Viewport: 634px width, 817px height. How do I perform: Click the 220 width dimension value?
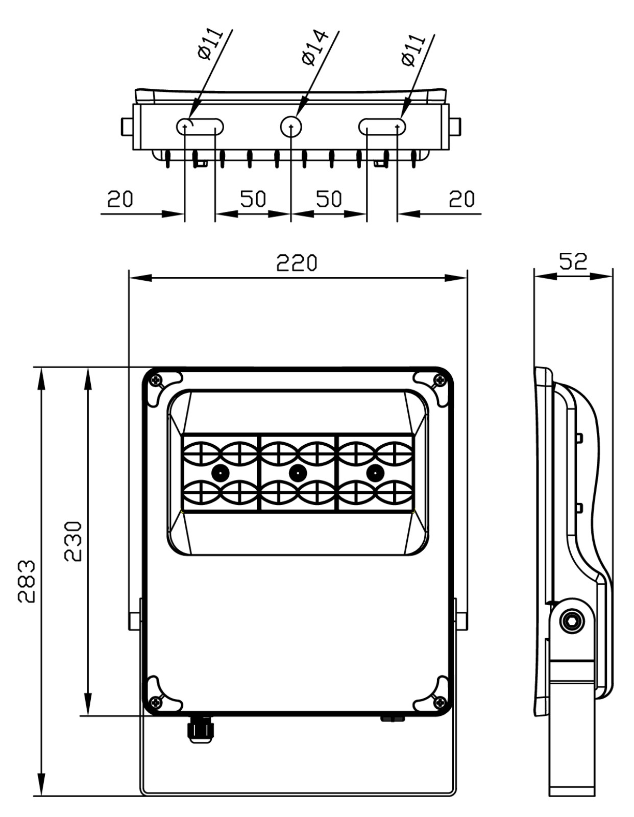coord(297,263)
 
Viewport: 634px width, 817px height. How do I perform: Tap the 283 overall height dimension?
coord(27,581)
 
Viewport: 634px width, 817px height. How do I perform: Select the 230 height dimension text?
coord(73,541)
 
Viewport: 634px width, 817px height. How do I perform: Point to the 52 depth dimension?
coord(573,262)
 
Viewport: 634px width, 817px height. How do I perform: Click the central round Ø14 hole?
coord(291,126)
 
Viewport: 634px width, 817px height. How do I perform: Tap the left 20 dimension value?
coord(120,199)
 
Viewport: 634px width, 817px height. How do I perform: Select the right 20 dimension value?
coord(461,199)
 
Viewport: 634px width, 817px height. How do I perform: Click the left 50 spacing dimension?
coord(253,199)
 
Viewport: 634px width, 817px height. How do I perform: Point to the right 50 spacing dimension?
coord(329,199)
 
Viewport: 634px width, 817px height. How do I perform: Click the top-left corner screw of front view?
coord(156,379)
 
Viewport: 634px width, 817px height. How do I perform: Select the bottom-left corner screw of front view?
coord(156,702)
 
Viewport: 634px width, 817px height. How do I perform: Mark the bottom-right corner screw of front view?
coord(439,702)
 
